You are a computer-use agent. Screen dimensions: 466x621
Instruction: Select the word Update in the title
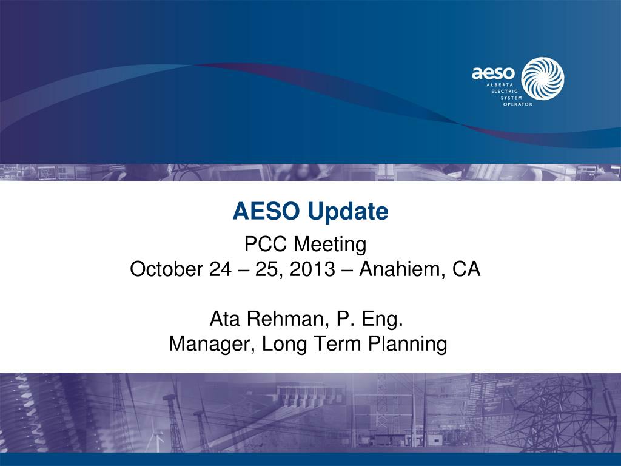(x=347, y=212)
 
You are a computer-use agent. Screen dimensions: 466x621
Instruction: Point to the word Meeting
(x=331, y=245)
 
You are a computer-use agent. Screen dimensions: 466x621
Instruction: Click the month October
(x=166, y=269)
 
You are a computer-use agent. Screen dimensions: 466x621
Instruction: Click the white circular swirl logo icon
(x=543, y=78)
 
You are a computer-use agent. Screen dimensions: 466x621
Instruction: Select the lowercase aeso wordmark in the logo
(x=493, y=73)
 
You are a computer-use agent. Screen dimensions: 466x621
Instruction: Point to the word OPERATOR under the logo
(x=518, y=104)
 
